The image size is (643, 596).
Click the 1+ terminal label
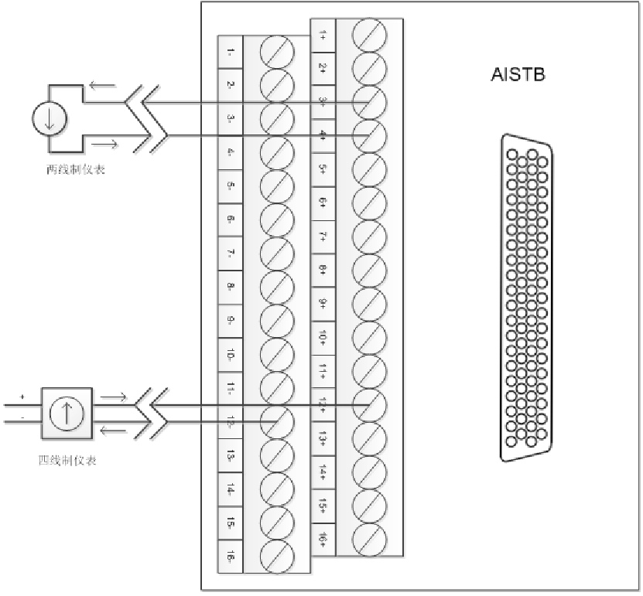[323, 34]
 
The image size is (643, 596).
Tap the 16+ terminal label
[323, 538]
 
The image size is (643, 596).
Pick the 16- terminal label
[231, 557]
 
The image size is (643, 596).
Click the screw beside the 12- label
[277, 421]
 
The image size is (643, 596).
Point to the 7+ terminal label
[323, 236]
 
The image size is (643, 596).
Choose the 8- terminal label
[231, 287]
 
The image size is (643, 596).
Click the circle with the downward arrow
[50, 118]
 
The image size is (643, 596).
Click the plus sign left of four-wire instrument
[22, 397]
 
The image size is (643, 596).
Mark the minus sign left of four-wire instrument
[22, 417]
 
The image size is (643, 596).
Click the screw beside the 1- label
[277, 52]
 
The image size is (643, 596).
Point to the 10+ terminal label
[323, 337]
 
